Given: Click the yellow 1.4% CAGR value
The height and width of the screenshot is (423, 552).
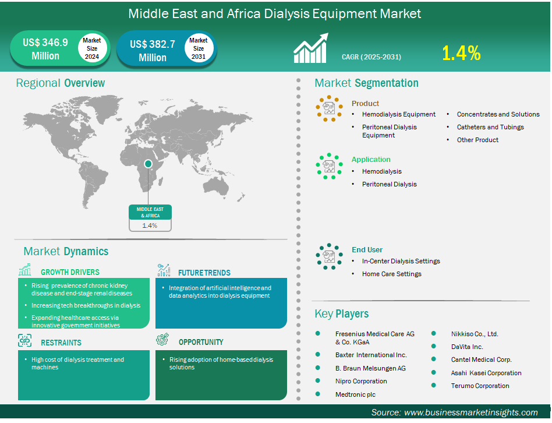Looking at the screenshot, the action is point(461,53).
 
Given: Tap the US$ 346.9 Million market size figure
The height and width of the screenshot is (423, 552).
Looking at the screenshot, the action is point(45,49).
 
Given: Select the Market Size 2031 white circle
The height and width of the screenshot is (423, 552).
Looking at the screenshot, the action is point(199,48).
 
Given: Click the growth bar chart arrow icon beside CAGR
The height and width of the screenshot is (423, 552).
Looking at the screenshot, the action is point(311,48).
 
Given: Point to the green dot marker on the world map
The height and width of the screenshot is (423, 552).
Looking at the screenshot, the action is point(148,164).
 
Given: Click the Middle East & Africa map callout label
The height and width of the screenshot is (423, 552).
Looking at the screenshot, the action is point(150,213).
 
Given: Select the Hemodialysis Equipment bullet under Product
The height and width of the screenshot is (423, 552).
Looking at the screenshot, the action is point(398,114).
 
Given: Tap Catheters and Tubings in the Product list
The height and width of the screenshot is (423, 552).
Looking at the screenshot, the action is point(490,127).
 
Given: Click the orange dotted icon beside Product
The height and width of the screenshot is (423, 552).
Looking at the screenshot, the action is point(329,108).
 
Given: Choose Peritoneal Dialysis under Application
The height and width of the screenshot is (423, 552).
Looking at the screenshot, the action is point(390,184).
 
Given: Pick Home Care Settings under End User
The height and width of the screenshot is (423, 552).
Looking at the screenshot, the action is point(391,274).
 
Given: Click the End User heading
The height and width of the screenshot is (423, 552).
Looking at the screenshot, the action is point(367,250).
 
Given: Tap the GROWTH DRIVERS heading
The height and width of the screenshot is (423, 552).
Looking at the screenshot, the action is point(70,272).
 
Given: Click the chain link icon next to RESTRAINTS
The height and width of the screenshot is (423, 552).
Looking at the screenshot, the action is point(24,341).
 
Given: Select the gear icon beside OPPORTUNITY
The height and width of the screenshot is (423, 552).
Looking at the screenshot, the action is point(162,340).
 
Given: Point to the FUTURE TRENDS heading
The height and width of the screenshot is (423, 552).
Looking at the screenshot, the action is point(204,273).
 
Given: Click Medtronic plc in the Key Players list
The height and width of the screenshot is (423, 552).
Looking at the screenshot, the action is point(355,394).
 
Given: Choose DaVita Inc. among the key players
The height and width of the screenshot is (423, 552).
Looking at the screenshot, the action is point(467,347).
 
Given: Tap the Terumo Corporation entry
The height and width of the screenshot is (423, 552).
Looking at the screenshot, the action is point(480,386).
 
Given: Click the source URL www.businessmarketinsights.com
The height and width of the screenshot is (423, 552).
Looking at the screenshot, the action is point(470,413).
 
